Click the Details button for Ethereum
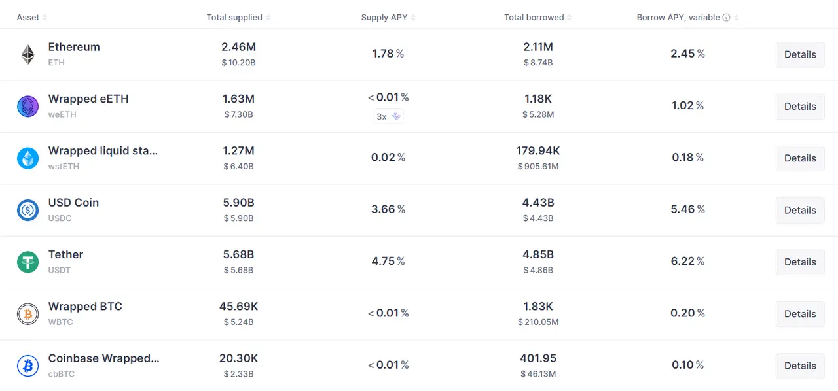click(x=799, y=54)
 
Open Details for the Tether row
click(x=799, y=262)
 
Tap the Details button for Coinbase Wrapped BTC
click(x=799, y=365)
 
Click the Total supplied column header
click(x=234, y=18)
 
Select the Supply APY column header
click(x=384, y=18)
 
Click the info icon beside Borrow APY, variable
click(x=726, y=18)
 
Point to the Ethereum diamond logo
click(x=28, y=54)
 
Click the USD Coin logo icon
click(x=28, y=210)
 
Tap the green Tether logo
click(x=28, y=262)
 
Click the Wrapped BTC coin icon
click(x=28, y=314)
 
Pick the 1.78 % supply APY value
click(x=388, y=54)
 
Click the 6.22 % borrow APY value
click(x=687, y=261)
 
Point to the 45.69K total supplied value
click(x=238, y=306)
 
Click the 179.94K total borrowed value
click(x=538, y=150)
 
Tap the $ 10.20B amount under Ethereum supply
click(x=238, y=63)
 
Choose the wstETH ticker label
click(x=64, y=166)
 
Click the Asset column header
click(x=28, y=18)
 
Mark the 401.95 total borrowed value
click(x=538, y=358)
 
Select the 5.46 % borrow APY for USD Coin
click(x=687, y=209)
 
